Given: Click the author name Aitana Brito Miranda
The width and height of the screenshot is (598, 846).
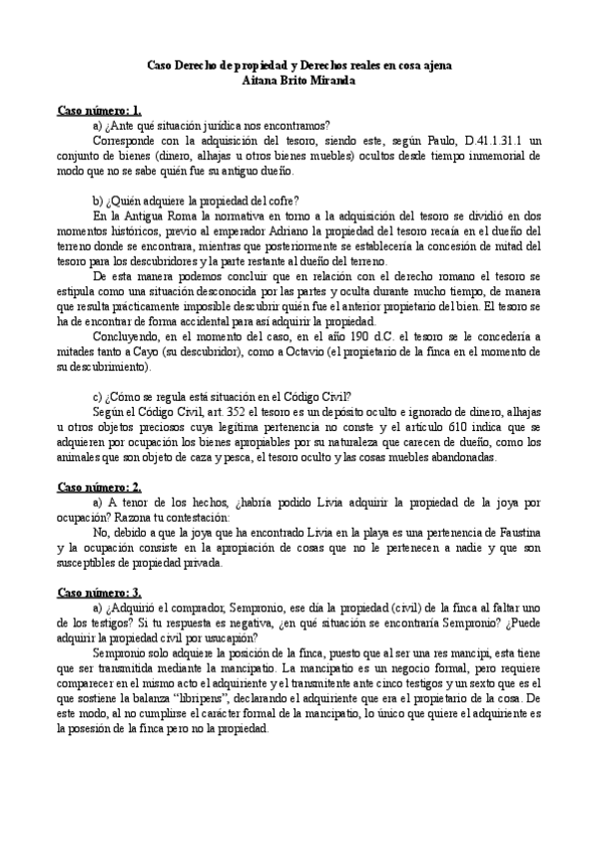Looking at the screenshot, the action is click(299, 80).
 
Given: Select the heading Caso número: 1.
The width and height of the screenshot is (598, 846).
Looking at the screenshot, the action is click(99, 110).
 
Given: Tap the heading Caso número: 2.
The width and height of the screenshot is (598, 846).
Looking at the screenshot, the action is click(99, 486).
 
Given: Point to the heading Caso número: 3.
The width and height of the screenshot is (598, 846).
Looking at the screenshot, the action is click(99, 592).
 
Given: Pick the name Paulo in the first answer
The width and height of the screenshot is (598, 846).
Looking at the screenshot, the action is click(430, 142).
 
